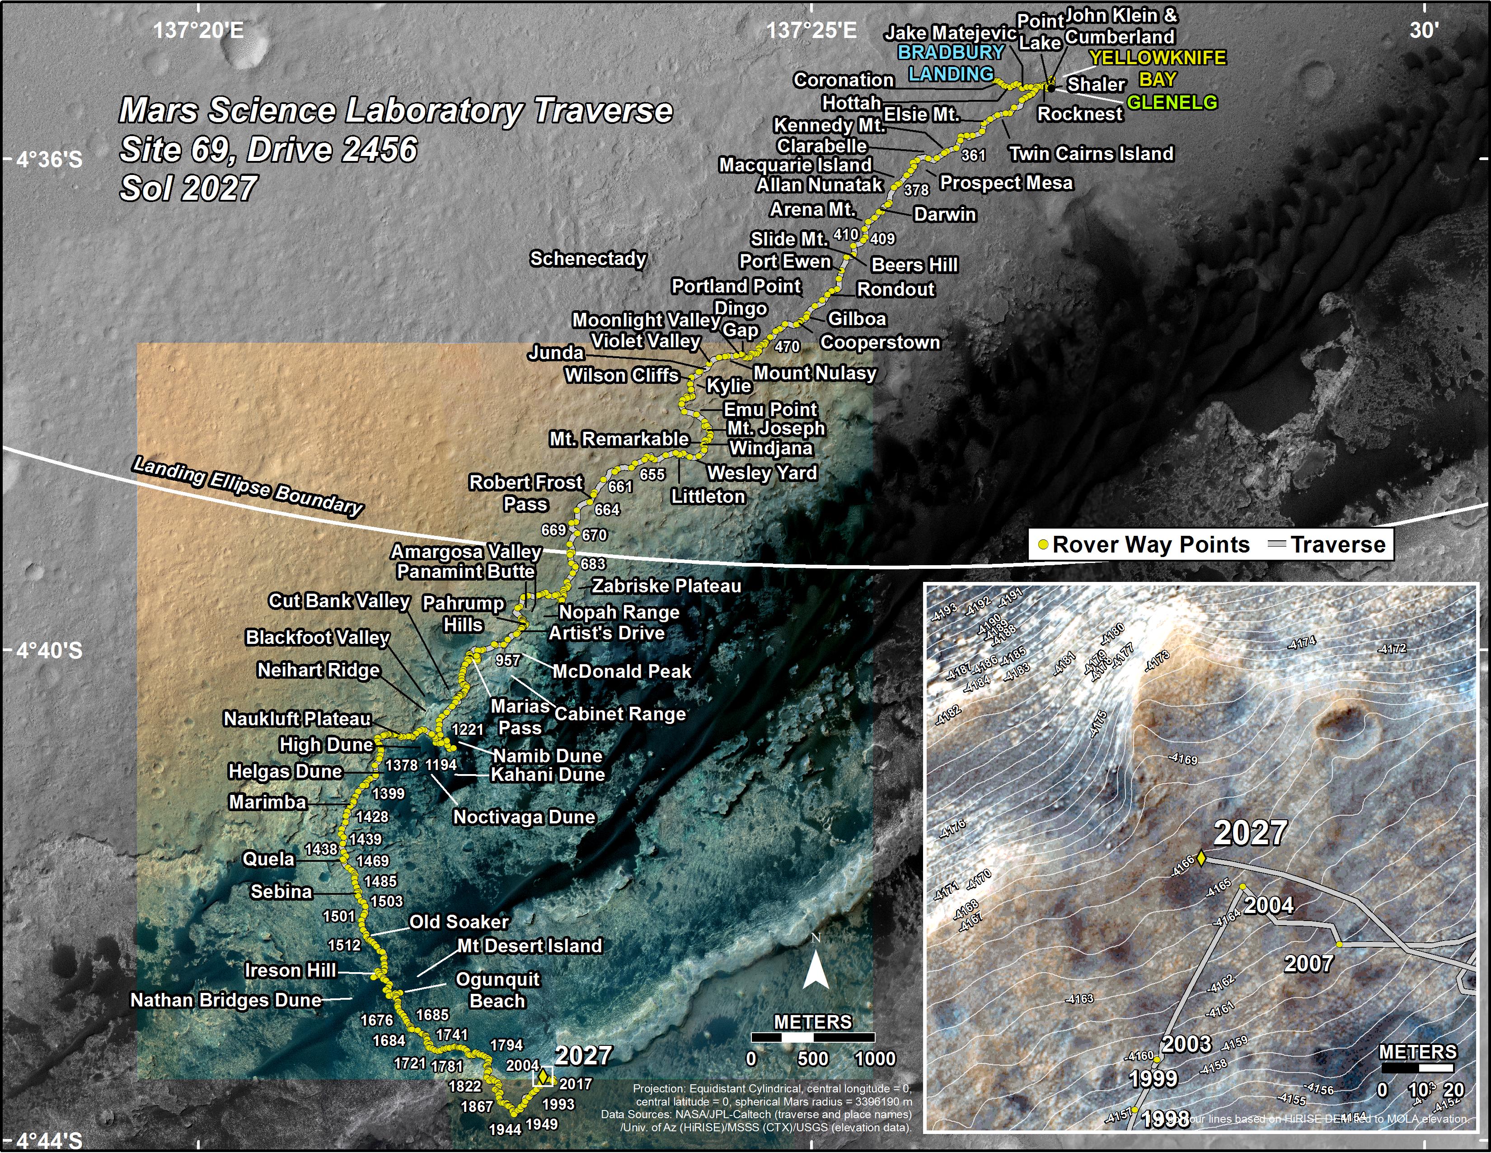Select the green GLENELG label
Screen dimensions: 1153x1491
(x=1172, y=103)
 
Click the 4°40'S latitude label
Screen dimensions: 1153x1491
(x=49, y=650)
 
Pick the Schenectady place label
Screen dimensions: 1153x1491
(x=588, y=259)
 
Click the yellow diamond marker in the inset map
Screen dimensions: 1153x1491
(x=1201, y=858)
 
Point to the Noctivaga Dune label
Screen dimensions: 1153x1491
(x=524, y=817)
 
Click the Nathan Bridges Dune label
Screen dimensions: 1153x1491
(x=226, y=1000)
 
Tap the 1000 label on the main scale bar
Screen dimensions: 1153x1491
(x=875, y=1059)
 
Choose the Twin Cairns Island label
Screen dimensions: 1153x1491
(x=1091, y=154)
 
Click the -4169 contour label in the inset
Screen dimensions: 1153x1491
(x=1183, y=759)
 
